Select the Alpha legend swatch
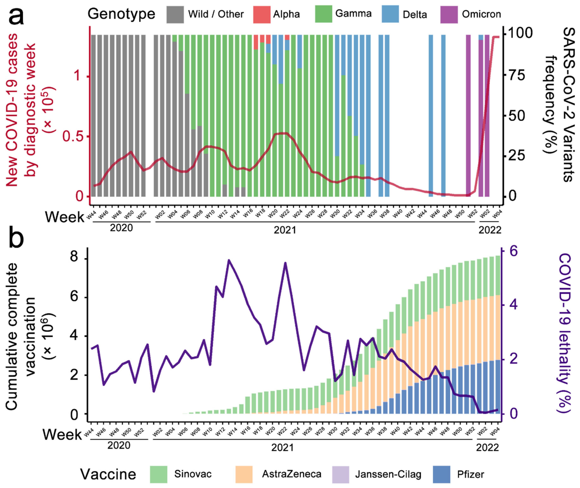pyautogui.click(x=261, y=14)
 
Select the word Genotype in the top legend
pyautogui.click(x=121, y=14)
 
